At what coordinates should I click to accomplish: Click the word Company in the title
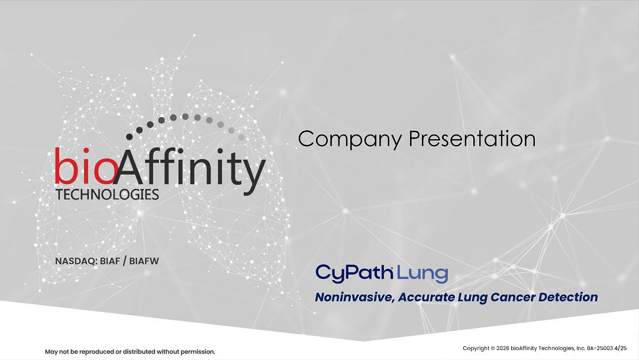click(350, 140)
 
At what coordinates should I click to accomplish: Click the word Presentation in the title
click(472, 139)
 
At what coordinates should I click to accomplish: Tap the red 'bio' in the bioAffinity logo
click(85, 166)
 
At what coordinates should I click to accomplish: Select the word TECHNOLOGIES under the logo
click(107, 194)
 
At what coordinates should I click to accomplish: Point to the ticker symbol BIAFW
click(144, 261)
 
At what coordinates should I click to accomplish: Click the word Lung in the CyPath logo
click(422, 274)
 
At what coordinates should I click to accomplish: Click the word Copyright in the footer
click(476, 349)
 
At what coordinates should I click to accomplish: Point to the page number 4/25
click(620, 348)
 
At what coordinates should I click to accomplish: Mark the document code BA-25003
click(600, 348)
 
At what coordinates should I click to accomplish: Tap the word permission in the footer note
click(198, 352)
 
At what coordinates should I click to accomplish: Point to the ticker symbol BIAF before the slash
click(109, 261)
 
